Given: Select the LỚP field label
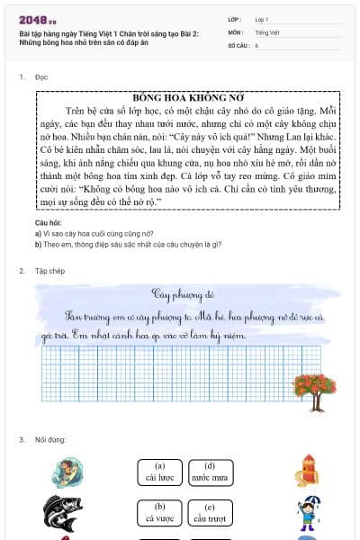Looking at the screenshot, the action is pos(235,18).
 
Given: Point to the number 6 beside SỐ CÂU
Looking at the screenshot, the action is pos(256,43).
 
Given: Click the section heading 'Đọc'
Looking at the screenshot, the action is pos(41,78).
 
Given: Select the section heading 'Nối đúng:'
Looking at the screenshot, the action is pos(49,439).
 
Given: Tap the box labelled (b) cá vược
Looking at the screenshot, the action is pos(160,512).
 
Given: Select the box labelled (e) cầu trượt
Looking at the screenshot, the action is pos(210,512).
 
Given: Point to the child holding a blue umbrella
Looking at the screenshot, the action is pos(307,512).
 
